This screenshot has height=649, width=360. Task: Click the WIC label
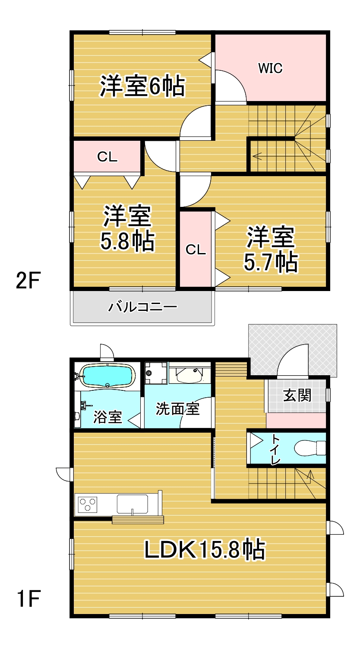(270, 68)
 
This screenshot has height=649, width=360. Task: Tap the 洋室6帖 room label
(142, 86)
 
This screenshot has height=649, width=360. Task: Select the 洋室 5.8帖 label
(127, 228)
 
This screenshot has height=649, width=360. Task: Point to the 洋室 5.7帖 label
(271, 249)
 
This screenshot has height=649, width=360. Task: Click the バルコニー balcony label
(142, 307)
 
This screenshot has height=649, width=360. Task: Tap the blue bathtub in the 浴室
(108, 376)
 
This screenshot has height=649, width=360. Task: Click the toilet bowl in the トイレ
(310, 448)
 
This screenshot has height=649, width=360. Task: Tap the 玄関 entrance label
(297, 396)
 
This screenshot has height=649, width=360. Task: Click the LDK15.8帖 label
(205, 549)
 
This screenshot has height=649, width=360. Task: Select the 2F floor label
(28, 280)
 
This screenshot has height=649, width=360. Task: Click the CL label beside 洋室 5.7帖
(196, 250)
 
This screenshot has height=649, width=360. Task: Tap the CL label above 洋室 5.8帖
(107, 157)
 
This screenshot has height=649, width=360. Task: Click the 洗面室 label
(177, 409)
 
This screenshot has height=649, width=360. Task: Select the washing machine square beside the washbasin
(156, 373)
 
